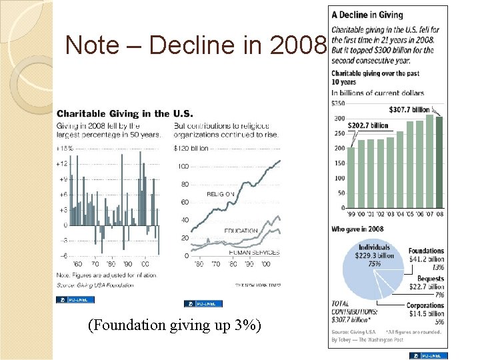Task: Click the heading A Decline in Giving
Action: pyautogui.click(x=367, y=15)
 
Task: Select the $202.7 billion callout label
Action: pyautogui.click(x=368, y=125)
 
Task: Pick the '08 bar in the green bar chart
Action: pyautogui.click(x=439, y=163)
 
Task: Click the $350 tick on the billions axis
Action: pyautogui.click(x=338, y=103)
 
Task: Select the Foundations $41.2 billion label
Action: pyautogui.click(x=427, y=255)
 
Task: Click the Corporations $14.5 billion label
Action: pyautogui.click(x=425, y=310)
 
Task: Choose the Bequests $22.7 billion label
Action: pyautogui.click(x=430, y=283)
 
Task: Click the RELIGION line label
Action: pyautogui.click(x=220, y=194)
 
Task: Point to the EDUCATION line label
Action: pyautogui.click(x=241, y=231)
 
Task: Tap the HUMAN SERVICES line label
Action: pyautogui.click(x=254, y=253)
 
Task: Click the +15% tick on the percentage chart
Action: pyautogui.click(x=64, y=148)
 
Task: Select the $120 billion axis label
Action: pyautogui.click(x=191, y=148)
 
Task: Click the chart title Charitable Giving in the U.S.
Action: pyautogui.click(x=125, y=114)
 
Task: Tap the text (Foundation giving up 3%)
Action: pyautogui.click(x=174, y=325)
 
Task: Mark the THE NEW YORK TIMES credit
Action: pyautogui.click(x=257, y=285)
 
